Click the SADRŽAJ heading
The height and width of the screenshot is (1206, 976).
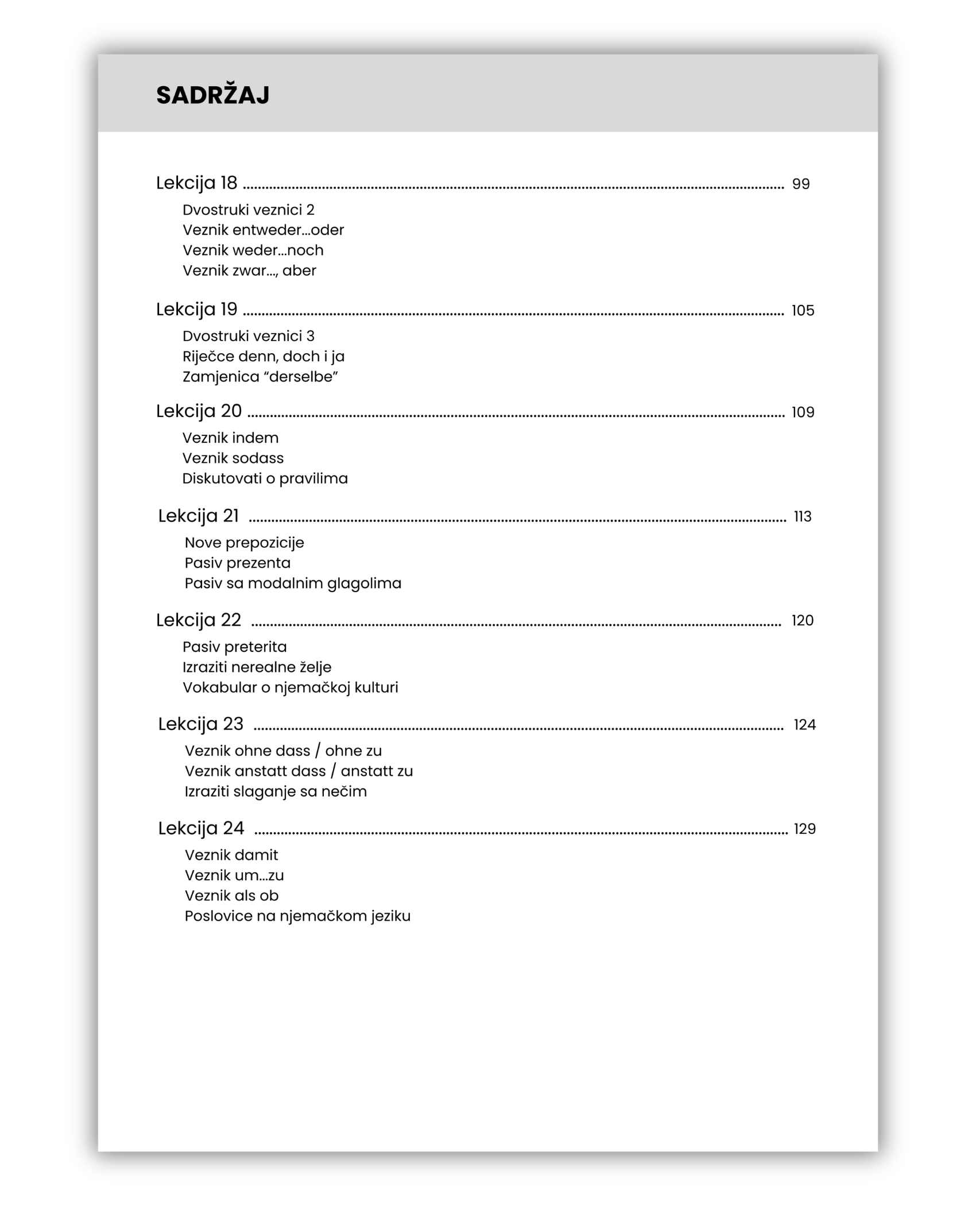tap(212, 95)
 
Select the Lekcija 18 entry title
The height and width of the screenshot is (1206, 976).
tap(196, 183)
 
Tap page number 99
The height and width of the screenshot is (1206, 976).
tap(800, 184)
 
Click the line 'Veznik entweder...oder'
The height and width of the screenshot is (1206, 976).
tap(263, 230)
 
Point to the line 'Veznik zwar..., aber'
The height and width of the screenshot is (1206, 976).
tap(249, 270)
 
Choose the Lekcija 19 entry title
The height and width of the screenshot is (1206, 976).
tap(196, 310)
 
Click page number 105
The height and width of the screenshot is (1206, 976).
tap(803, 311)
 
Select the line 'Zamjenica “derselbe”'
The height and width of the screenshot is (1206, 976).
tap(260, 377)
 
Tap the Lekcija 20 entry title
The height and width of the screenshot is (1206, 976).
tap(199, 411)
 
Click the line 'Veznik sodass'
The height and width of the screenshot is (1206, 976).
tap(233, 458)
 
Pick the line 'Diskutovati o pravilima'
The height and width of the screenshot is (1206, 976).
tap(265, 478)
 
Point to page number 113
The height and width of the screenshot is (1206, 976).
tap(803, 517)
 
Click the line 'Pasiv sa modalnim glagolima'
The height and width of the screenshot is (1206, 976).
tap(293, 583)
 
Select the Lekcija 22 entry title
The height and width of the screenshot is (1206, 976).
tap(199, 620)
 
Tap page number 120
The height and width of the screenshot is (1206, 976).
tap(803, 621)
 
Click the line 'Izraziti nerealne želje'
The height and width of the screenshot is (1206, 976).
tap(257, 667)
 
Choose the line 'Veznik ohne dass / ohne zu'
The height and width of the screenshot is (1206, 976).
tap(283, 751)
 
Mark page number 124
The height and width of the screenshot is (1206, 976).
tap(804, 725)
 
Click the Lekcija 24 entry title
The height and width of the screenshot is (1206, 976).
tap(201, 829)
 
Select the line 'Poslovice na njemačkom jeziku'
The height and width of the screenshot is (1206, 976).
tap(297, 916)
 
